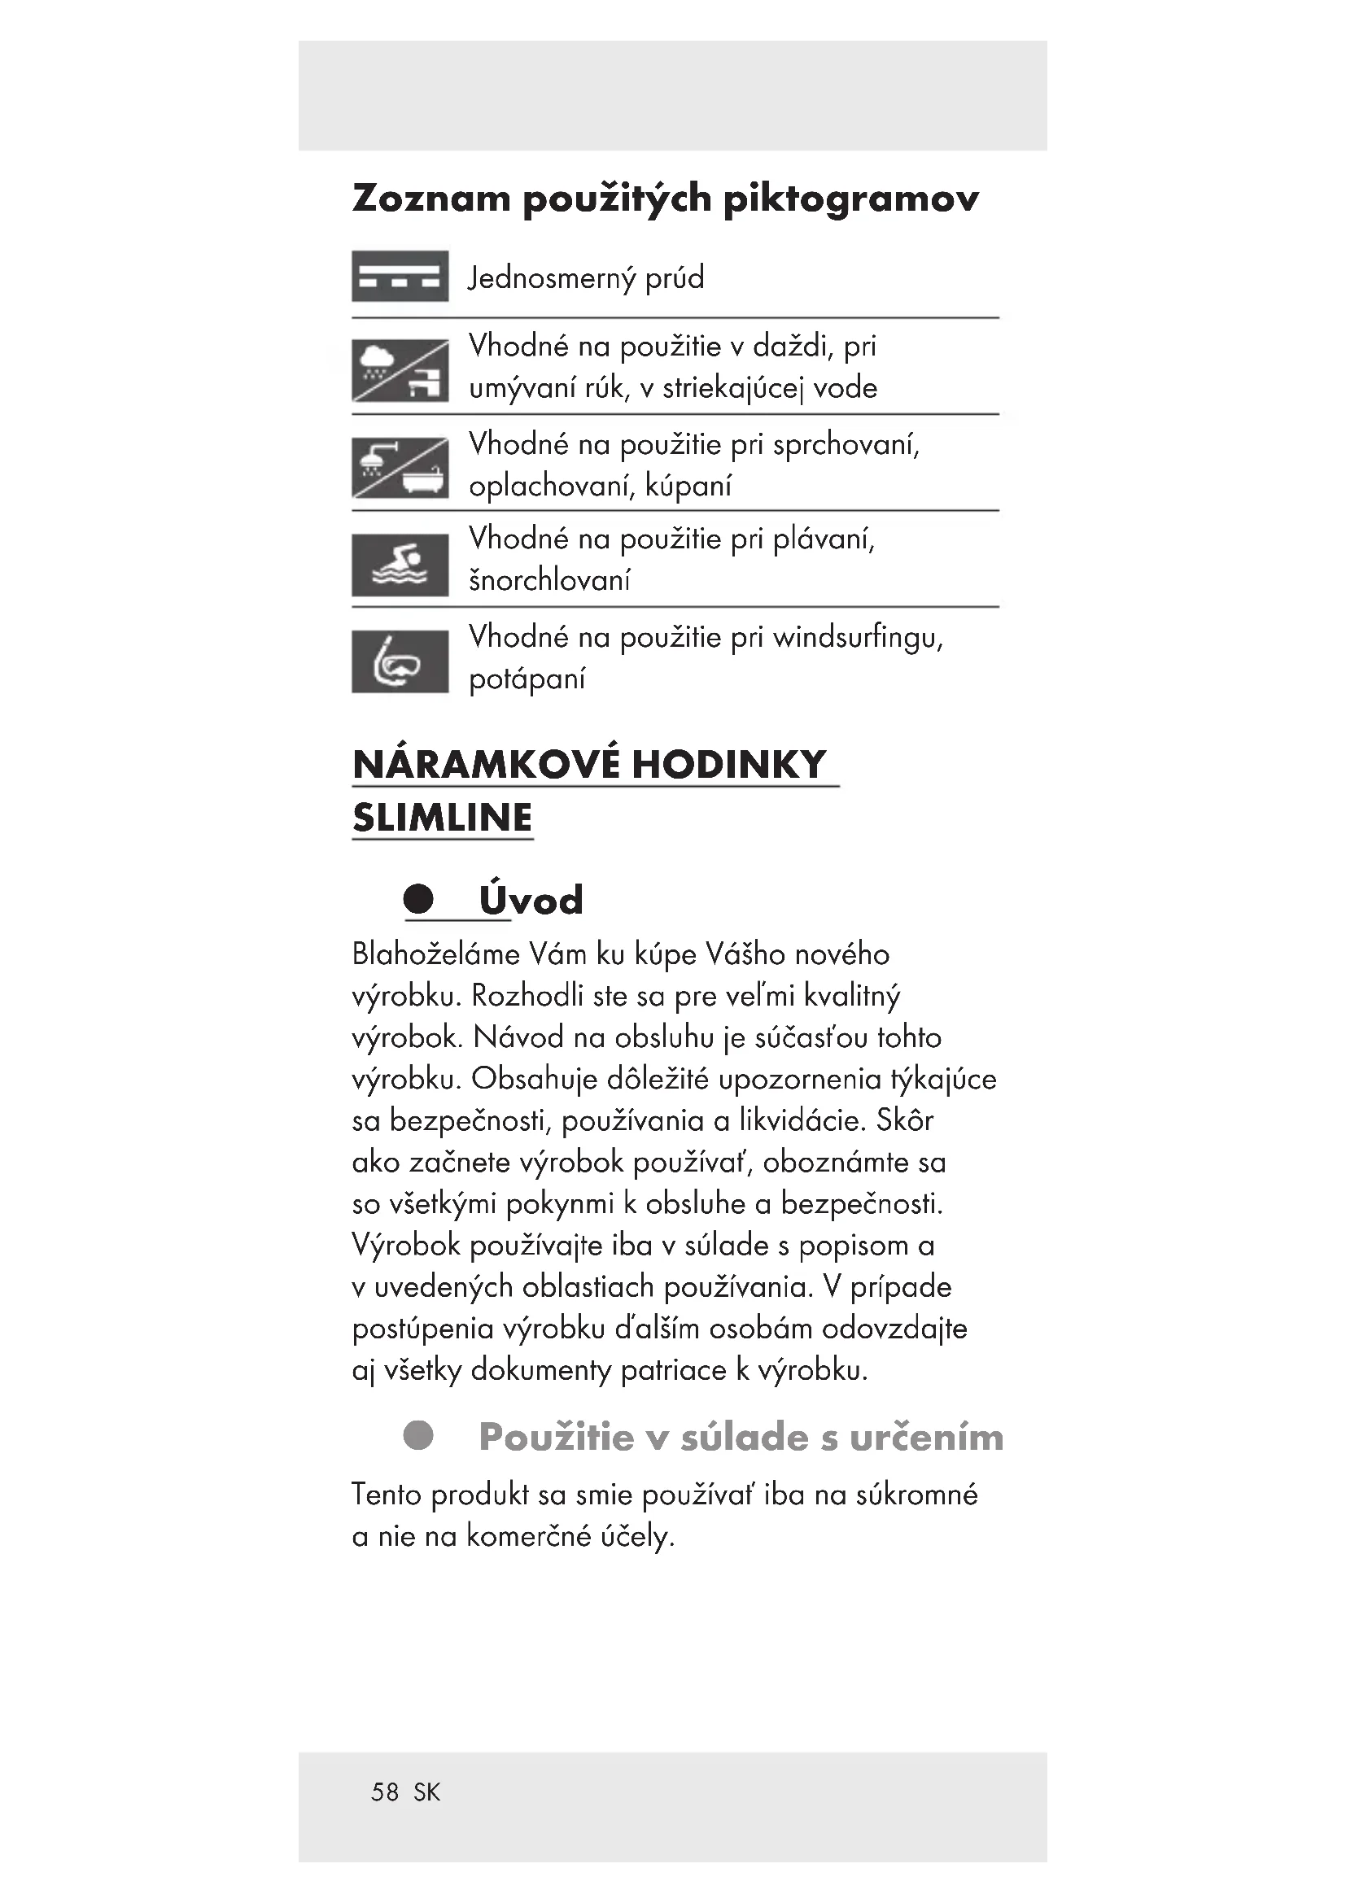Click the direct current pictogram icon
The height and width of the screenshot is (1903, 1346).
pos(400,276)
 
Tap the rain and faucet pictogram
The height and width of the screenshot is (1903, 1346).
pos(400,370)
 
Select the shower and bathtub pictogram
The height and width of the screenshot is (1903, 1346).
pos(400,468)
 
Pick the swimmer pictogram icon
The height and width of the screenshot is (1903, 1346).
pos(400,565)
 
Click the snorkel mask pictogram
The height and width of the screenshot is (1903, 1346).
pos(400,661)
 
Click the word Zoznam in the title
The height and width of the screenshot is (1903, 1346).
pos(431,199)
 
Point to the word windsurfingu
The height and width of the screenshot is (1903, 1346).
pos(858,637)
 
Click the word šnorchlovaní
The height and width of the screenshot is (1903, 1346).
pos(549,580)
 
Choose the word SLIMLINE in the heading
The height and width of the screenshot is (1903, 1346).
pos(442,818)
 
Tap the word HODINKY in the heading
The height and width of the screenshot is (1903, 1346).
pos(729,764)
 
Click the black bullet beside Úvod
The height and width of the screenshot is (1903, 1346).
pos(418,898)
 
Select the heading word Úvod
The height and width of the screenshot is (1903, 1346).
pos(531,900)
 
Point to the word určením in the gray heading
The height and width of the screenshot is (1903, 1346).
pos(926,1437)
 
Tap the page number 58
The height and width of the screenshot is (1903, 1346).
pos(385,1792)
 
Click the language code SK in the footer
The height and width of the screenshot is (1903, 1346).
pos(427,1792)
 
